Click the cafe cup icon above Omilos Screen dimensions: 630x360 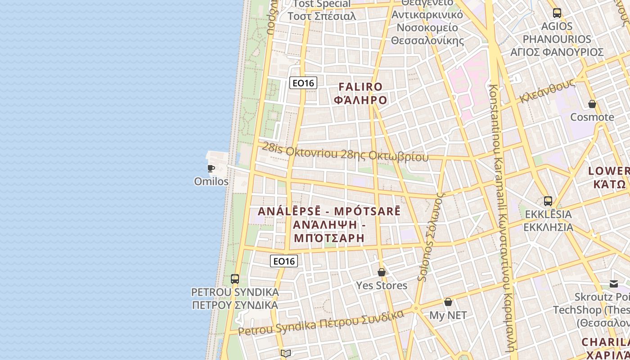coord(211,169)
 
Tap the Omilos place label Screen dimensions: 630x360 coord(211,181)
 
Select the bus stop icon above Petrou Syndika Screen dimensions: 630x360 coord(234,279)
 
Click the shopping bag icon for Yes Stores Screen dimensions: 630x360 coord(382,272)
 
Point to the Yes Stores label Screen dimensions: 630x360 coord(382,285)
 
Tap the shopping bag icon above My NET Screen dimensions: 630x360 coord(448,302)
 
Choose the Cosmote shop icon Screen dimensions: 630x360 coord(592,104)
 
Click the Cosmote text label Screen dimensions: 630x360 coord(592,117)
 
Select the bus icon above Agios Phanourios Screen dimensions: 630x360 coord(557,13)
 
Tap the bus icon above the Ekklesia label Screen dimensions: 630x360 coord(548,201)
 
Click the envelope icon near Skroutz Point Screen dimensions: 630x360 coord(614,283)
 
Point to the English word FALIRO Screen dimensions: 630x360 coord(360,86)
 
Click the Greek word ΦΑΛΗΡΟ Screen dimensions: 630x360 coord(360,99)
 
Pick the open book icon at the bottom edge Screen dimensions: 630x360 coord(286,353)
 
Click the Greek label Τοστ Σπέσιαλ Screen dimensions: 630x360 coord(322,16)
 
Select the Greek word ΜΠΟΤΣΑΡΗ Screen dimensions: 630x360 coord(329,238)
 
